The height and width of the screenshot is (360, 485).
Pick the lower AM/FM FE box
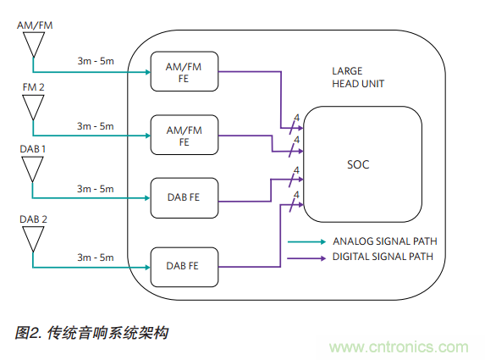click(x=184, y=136)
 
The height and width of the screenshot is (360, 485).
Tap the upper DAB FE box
click(x=184, y=198)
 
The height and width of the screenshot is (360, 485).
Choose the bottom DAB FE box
click(x=184, y=267)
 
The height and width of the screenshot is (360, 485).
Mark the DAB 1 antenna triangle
click(x=33, y=168)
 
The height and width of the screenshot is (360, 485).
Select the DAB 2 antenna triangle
click(x=33, y=237)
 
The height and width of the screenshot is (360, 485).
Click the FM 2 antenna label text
click(x=33, y=87)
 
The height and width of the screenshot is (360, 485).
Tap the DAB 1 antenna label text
click(x=33, y=148)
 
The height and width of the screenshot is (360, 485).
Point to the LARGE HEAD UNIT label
click(x=356, y=79)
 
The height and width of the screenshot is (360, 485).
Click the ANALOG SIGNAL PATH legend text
click(x=384, y=241)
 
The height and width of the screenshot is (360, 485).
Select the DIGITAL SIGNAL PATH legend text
click(x=383, y=256)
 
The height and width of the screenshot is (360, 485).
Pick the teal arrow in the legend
click(x=306, y=241)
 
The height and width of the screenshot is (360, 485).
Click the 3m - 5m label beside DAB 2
click(x=95, y=257)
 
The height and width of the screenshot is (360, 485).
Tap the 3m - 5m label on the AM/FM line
click(x=95, y=60)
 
